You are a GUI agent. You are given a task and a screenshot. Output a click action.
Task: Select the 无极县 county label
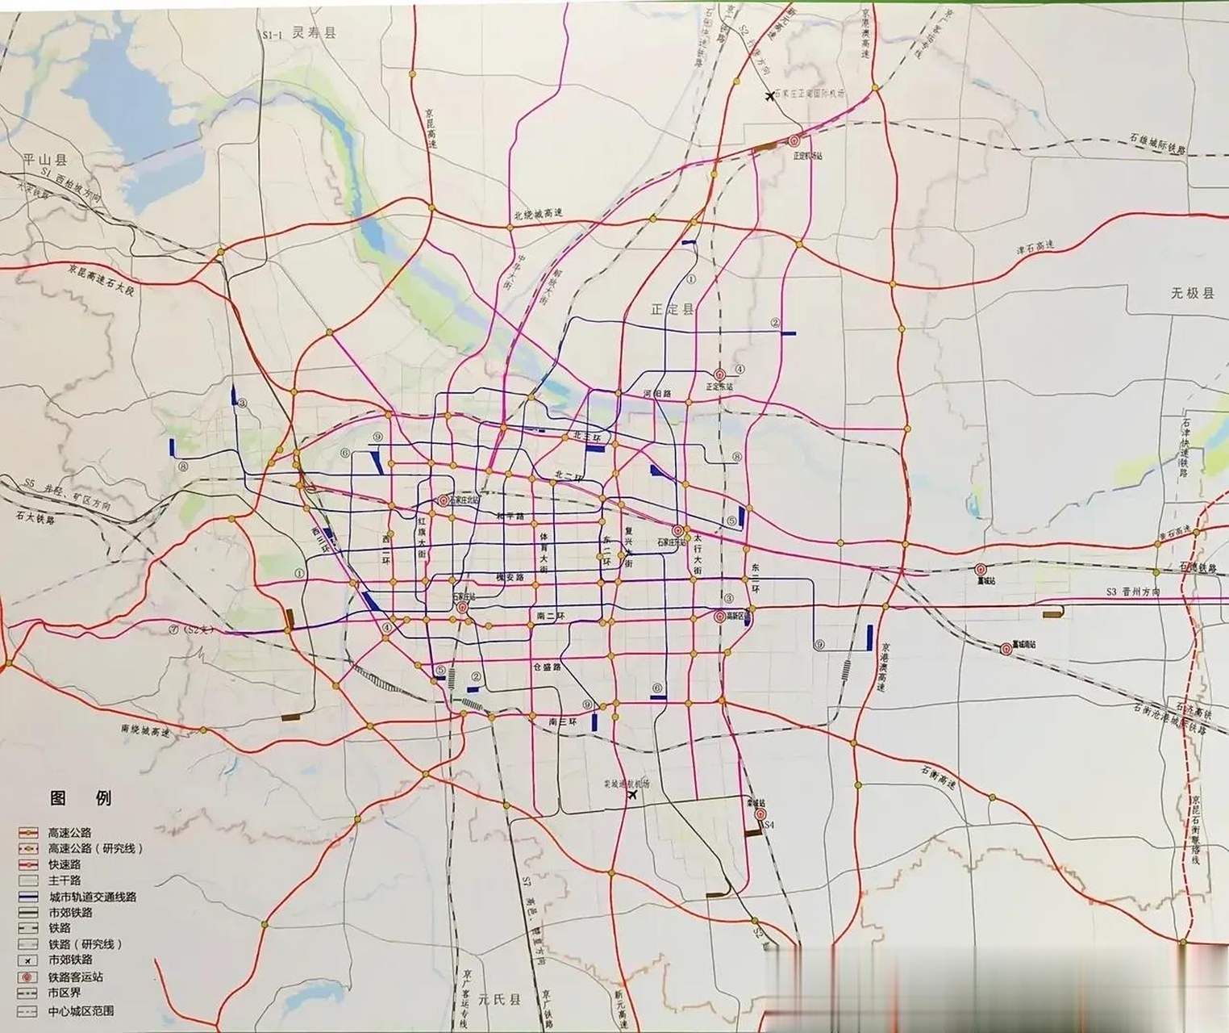[1192, 294]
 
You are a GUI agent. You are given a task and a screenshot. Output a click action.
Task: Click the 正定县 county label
[672, 309]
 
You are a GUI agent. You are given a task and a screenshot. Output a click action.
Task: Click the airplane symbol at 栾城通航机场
[631, 796]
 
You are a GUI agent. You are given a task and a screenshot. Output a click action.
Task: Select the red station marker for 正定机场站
[794, 140]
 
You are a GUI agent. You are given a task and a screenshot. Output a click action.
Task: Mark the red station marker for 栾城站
[759, 815]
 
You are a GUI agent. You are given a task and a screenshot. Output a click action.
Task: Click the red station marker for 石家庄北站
[443, 500]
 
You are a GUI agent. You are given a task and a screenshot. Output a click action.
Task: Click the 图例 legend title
[80, 798]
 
